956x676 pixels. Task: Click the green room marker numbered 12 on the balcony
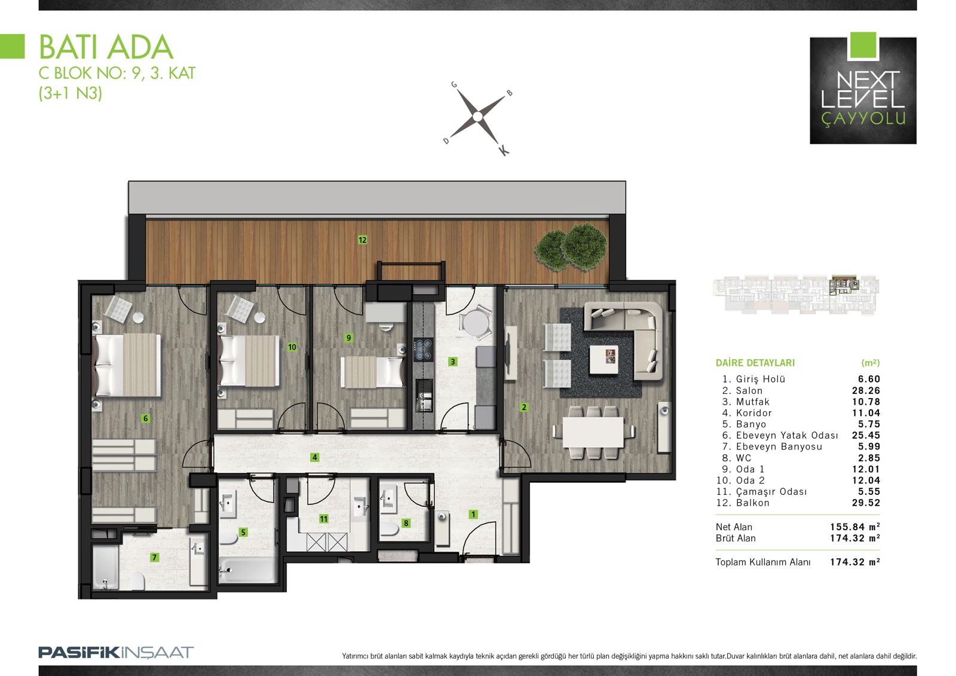(362, 240)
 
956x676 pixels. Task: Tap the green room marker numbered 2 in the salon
(524, 408)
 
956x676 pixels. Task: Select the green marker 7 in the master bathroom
(155, 557)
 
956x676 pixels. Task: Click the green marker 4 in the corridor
(314, 457)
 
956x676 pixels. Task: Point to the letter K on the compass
(504, 150)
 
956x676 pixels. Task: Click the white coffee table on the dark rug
(604, 360)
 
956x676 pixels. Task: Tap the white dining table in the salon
(593, 432)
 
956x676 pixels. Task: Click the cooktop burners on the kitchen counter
(423, 350)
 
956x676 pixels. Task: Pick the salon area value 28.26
(866, 390)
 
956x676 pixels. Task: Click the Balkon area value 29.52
(866, 503)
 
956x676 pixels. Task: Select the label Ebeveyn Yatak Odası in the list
(787, 435)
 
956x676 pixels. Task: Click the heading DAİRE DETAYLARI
(755, 363)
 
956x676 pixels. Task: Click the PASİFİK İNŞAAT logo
(116, 653)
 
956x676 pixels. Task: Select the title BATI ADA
(106, 47)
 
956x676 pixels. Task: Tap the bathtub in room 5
(247, 570)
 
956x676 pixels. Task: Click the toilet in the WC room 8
(389, 530)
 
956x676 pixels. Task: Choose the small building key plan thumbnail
(796, 295)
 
